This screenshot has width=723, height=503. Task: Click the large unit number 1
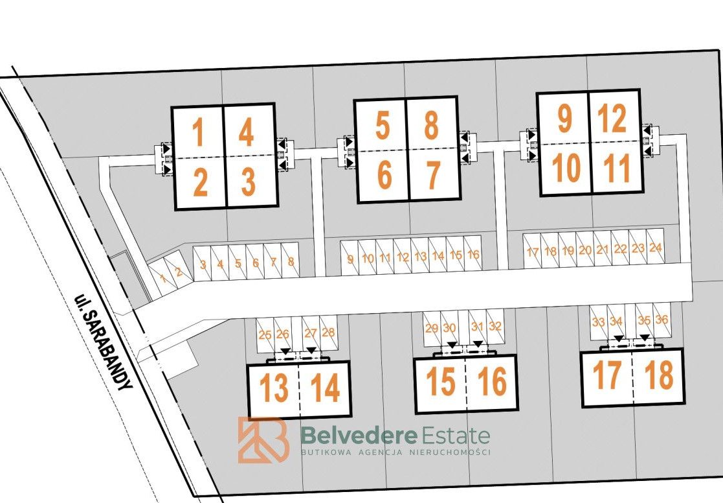(x=198, y=132)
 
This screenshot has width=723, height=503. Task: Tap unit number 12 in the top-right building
(x=612, y=118)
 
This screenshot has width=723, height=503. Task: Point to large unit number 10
(x=567, y=167)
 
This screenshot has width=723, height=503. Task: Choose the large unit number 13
(x=274, y=387)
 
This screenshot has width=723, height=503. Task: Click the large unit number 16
(x=492, y=381)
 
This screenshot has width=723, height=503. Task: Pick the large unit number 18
(x=659, y=374)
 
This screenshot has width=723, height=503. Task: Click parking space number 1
(x=162, y=279)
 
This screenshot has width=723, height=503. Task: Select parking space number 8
(x=291, y=262)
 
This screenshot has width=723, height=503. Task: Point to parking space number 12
(x=403, y=257)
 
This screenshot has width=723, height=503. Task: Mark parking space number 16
(x=473, y=254)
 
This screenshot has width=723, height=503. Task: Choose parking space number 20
(x=585, y=250)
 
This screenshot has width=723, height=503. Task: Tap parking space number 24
(x=655, y=248)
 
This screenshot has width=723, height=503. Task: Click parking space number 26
(x=282, y=334)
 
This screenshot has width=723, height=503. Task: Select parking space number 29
(x=432, y=329)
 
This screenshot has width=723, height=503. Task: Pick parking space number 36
(x=662, y=319)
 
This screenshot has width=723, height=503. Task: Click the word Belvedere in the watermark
(x=359, y=435)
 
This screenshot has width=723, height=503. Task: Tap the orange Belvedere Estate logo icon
(x=263, y=439)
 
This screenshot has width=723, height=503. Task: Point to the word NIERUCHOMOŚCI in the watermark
(x=450, y=452)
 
